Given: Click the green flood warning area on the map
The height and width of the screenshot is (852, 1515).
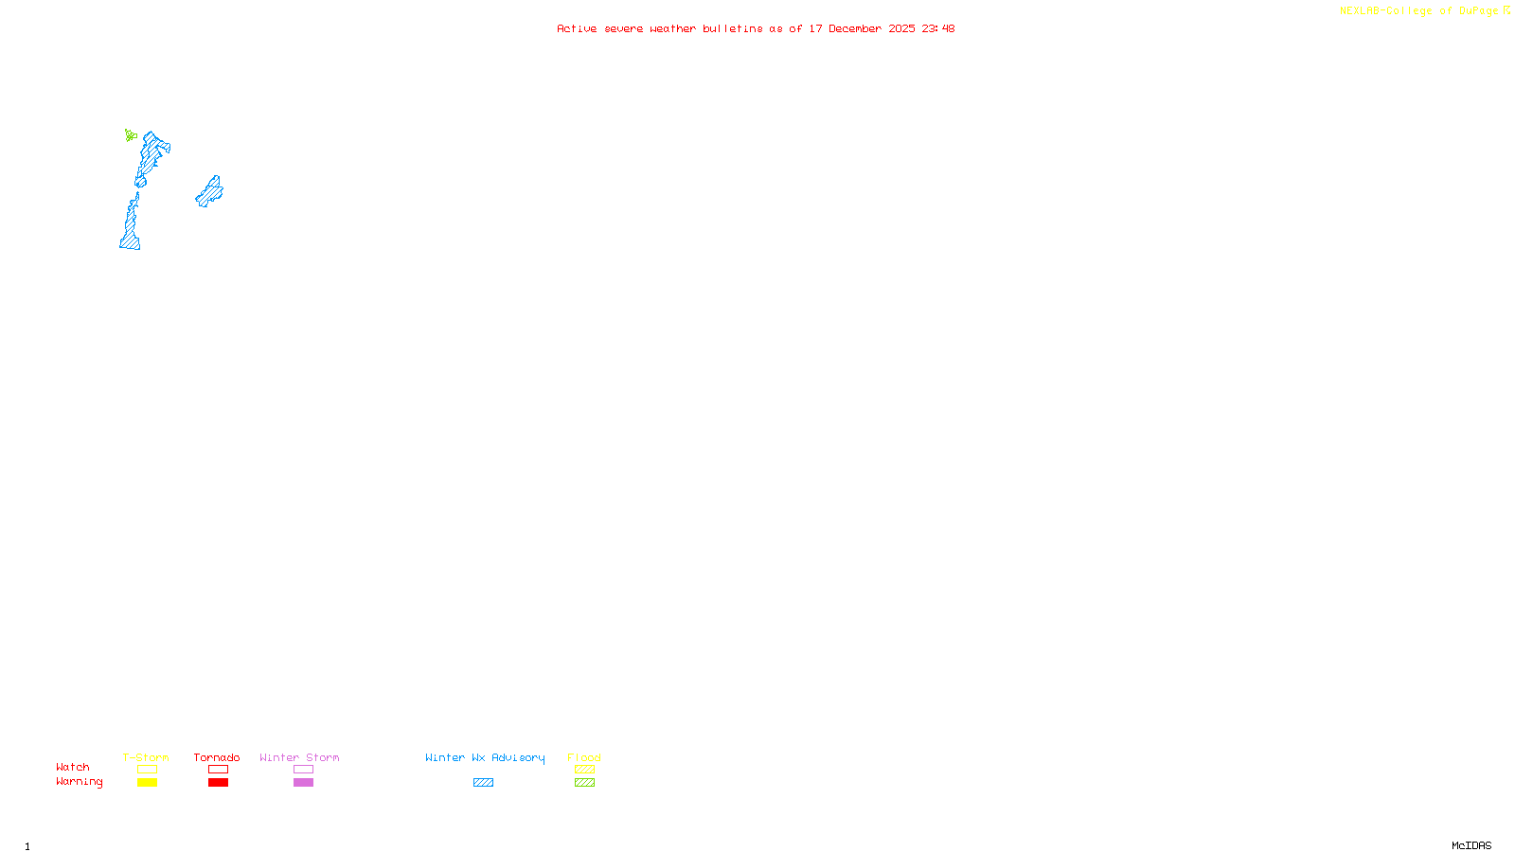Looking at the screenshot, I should (131, 135).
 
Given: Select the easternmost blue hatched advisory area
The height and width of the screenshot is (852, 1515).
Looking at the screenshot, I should (210, 192).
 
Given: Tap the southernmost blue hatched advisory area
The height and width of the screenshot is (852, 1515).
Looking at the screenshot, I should (131, 233).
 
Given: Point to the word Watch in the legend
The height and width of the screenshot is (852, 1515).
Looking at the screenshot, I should (73, 768).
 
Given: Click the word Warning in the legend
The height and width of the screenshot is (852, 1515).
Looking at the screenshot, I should (79, 782).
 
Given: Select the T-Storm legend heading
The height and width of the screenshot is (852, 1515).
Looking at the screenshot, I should (146, 757).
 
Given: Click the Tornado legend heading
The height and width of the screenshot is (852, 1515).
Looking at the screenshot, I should (217, 757).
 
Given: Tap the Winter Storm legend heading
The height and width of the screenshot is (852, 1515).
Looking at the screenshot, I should (299, 757).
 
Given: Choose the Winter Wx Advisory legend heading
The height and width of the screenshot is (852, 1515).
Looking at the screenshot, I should (485, 757).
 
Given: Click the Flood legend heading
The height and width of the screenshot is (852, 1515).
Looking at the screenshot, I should (584, 757).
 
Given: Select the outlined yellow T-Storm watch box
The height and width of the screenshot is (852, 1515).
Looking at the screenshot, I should (147, 770).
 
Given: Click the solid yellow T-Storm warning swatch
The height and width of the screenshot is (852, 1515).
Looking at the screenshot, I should (147, 783).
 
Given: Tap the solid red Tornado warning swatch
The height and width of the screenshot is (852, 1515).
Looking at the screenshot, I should (218, 783).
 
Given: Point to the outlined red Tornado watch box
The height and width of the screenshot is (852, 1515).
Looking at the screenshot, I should (218, 770).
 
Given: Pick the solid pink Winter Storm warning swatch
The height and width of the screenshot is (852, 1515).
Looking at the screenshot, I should (303, 783).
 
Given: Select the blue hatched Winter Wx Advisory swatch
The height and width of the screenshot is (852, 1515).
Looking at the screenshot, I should (483, 783).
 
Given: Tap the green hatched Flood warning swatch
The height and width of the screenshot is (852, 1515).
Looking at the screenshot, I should (584, 783).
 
